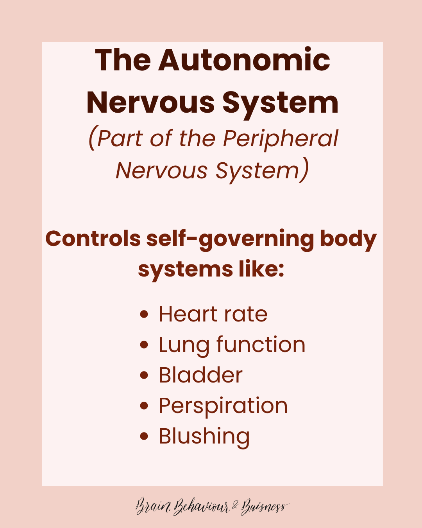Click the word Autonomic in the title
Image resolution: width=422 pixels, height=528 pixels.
pos(244,61)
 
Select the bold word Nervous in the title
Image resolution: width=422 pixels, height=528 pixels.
pos(150,103)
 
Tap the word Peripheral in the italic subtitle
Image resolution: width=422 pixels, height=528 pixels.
pos(280,138)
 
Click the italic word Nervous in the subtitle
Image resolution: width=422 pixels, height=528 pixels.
pos(161,171)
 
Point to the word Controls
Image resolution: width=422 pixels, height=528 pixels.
pos(93,239)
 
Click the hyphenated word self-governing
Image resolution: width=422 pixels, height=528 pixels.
pos(230,239)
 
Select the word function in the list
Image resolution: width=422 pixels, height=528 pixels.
pos(261,345)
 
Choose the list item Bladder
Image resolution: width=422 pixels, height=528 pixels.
pos(200,375)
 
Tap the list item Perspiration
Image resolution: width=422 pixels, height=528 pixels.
pos(223,406)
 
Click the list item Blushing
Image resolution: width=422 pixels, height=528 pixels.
pos(204,437)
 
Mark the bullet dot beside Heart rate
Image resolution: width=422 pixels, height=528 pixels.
pos(144,314)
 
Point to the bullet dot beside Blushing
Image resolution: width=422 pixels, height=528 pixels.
pos(144,436)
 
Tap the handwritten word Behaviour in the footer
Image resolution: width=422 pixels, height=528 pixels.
pos(201,507)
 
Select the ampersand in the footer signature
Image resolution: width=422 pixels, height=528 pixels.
pos(235,506)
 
